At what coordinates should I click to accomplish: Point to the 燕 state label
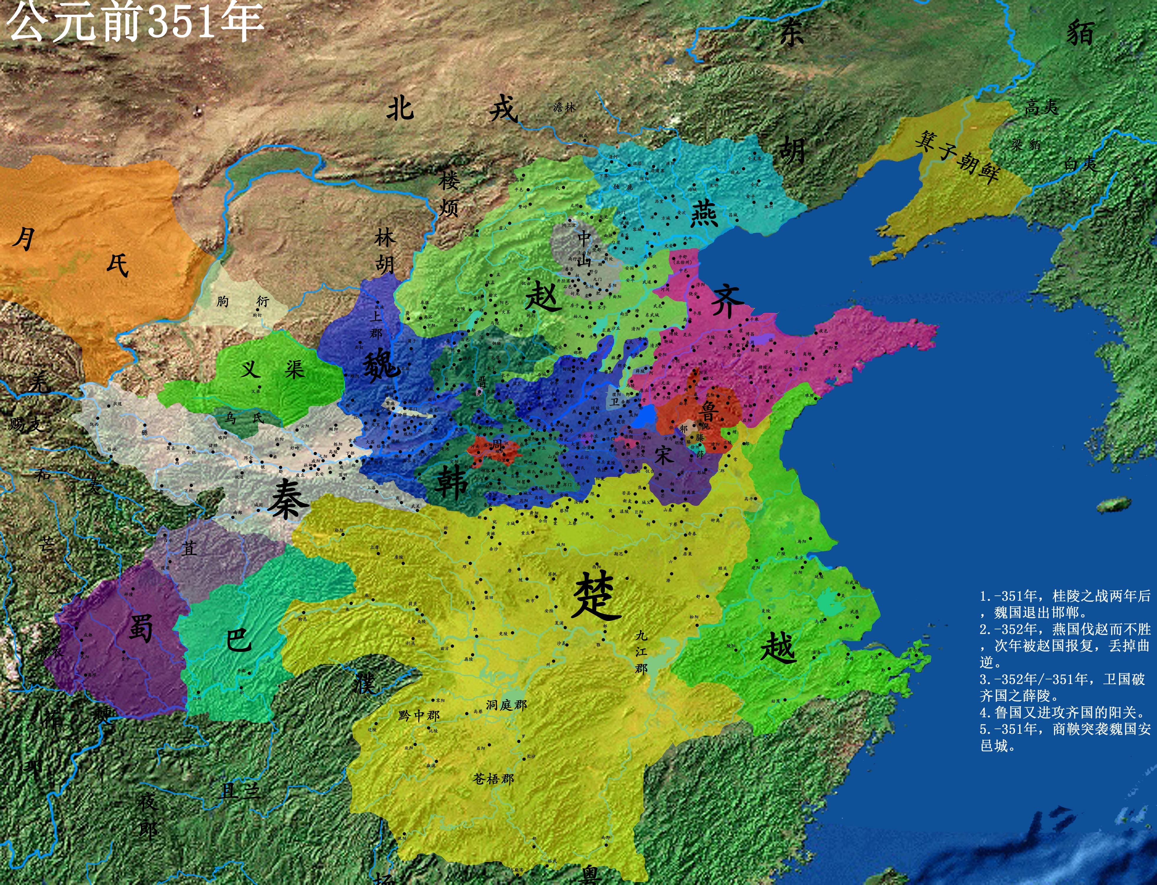click(x=704, y=212)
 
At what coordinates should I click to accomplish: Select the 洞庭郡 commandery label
click(x=506, y=705)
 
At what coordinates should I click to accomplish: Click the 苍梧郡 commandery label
click(x=493, y=779)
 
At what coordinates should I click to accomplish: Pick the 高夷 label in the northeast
click(x=1041, y=108)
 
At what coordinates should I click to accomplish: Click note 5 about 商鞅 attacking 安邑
click(x=1064, y=737)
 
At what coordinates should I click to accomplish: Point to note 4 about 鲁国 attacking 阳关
click(x=1062, y=713)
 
